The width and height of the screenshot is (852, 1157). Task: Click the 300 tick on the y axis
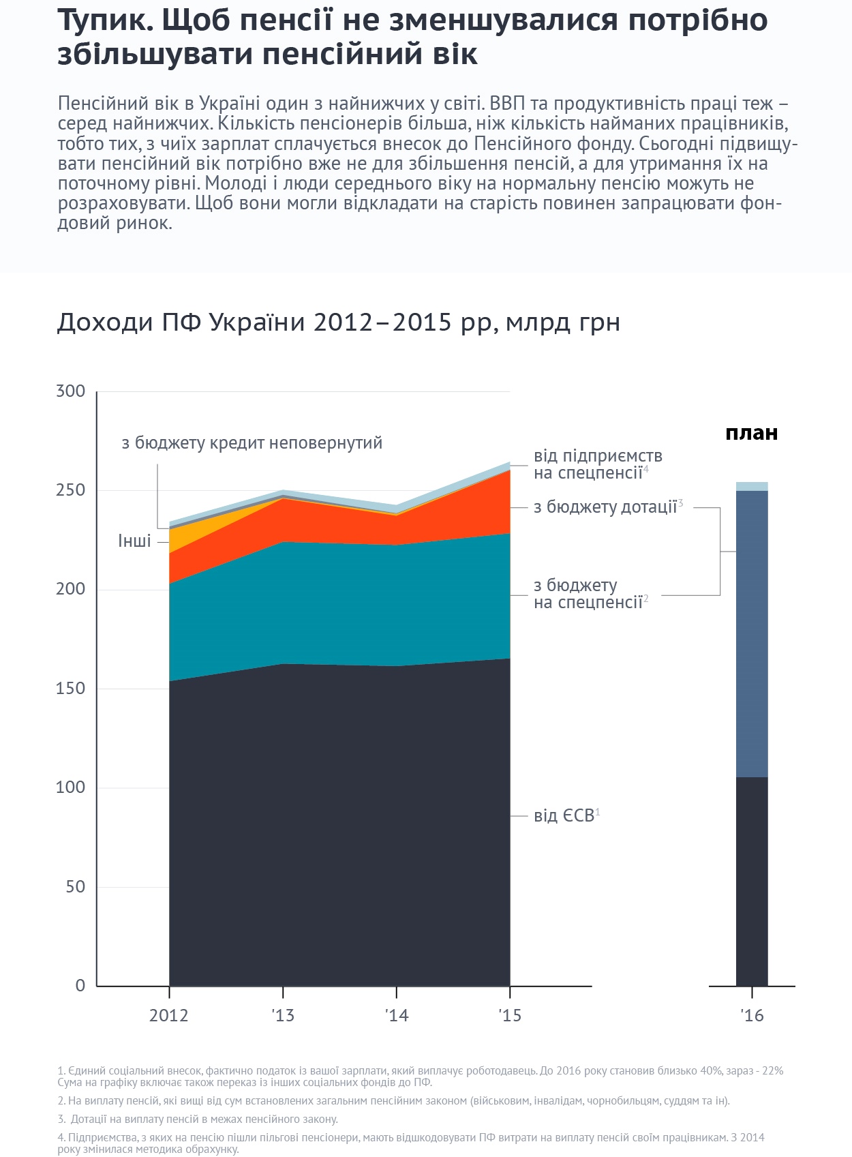point(71,391)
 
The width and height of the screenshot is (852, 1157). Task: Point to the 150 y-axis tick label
point(71,689)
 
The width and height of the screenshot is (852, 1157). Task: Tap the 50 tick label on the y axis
point(76,887)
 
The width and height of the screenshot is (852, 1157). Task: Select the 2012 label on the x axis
point(168,1016)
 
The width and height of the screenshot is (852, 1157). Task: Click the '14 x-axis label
point(396,1016)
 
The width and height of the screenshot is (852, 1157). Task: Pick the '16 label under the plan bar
point(752,1016)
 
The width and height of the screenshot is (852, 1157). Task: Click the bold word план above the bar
point(751,434)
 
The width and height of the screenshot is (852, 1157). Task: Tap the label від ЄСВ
point(566,816)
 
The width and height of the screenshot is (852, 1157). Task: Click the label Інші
point(134,541)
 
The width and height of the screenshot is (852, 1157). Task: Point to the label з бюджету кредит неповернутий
point(252,443)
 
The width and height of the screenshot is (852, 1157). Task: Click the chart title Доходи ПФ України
point(338,322)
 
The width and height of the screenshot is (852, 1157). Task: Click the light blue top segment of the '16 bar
point(752,486)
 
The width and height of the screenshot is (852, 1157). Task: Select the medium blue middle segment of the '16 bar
point(752,634)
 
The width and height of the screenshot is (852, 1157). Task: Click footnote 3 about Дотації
point(198,1119)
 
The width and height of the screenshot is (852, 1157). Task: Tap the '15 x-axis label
point(510,1016)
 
